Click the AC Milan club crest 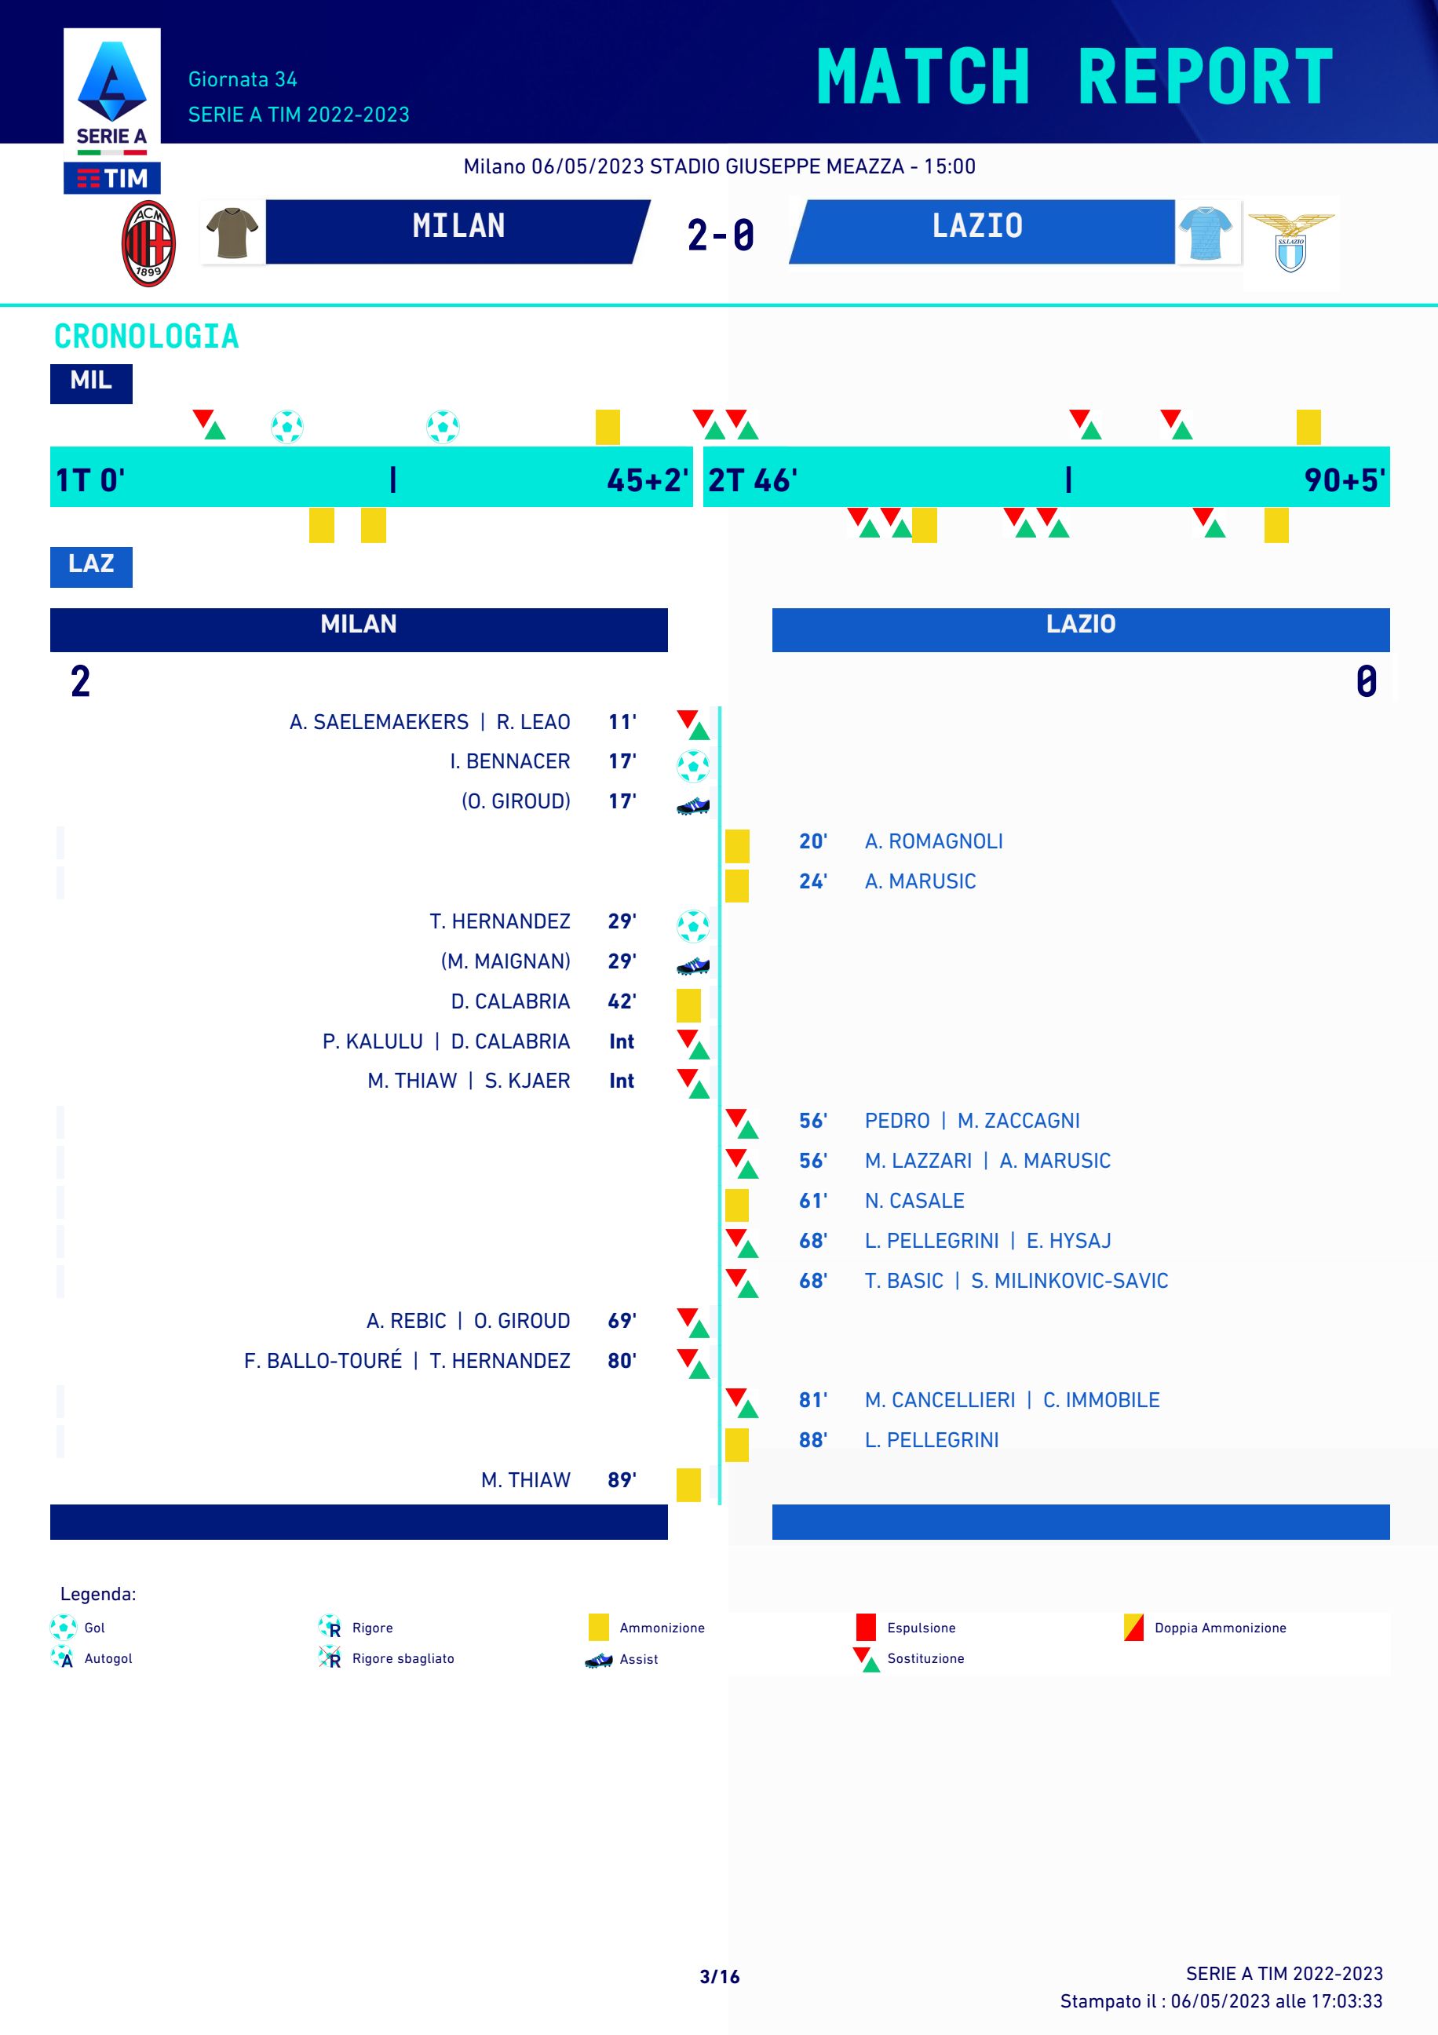[148, 244]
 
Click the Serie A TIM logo [111, 111]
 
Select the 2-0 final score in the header [720, 235]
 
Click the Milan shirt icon [232, 232]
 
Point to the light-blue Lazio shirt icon [1206, 232]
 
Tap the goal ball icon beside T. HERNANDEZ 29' [692, 925]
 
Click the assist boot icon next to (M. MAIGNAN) [692, 965]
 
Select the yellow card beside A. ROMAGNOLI [737, 845]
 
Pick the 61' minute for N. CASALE [812, 1200]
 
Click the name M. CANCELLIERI [940, 1399]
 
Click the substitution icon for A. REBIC [692, 1322]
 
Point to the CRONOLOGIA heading [146, 337]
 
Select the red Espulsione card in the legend [865, 1626]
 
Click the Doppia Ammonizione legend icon [1133, 1626]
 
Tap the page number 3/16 [719, 1975]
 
